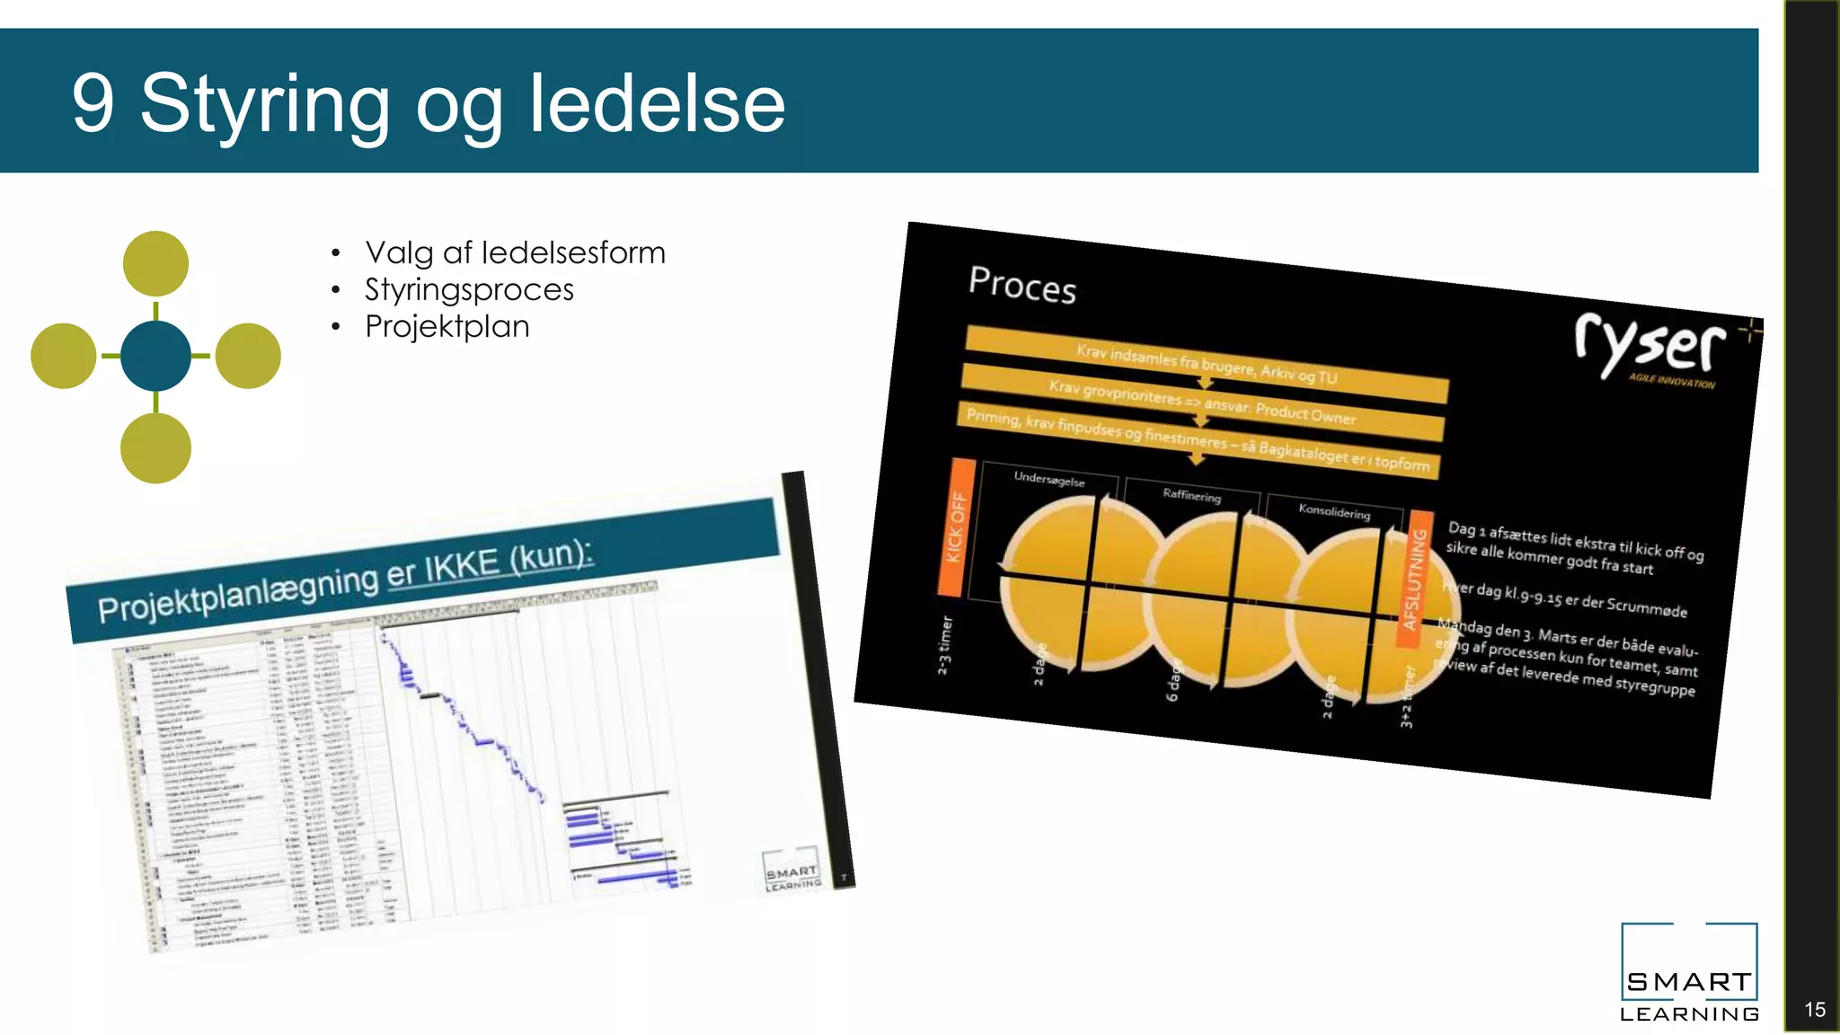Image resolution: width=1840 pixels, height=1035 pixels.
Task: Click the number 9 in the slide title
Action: coord(93,103)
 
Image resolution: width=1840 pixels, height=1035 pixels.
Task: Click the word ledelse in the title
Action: coord(657,103)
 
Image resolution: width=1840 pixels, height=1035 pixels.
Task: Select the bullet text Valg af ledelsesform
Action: coord(515,252)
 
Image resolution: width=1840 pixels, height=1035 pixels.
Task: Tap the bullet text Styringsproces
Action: coord(469,289)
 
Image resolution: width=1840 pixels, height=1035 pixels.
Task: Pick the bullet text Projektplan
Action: coord(447,326)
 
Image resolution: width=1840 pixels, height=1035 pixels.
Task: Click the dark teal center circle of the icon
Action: coord(155,357)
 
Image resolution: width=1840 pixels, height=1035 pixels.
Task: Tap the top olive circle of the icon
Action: coord(155,263)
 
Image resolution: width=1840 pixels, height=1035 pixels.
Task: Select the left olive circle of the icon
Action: coord(64,357)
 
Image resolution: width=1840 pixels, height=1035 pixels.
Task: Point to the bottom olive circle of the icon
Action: coord(155,448)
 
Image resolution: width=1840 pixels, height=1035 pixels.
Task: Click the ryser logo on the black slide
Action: coord(1651,346)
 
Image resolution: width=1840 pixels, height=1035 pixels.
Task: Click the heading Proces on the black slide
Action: coord(1022,285)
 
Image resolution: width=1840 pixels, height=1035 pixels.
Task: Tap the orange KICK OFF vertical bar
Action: coord(956,528)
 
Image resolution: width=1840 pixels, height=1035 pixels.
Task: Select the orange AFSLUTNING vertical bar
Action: coord(1414,579)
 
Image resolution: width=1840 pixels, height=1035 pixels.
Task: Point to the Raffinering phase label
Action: coord(1191,495)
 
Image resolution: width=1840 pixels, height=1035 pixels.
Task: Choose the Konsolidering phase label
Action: coord(1334,511)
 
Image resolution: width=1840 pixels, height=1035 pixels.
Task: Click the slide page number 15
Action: coord(1814,1009)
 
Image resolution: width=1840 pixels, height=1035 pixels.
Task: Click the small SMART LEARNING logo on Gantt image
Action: coord(792,871)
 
